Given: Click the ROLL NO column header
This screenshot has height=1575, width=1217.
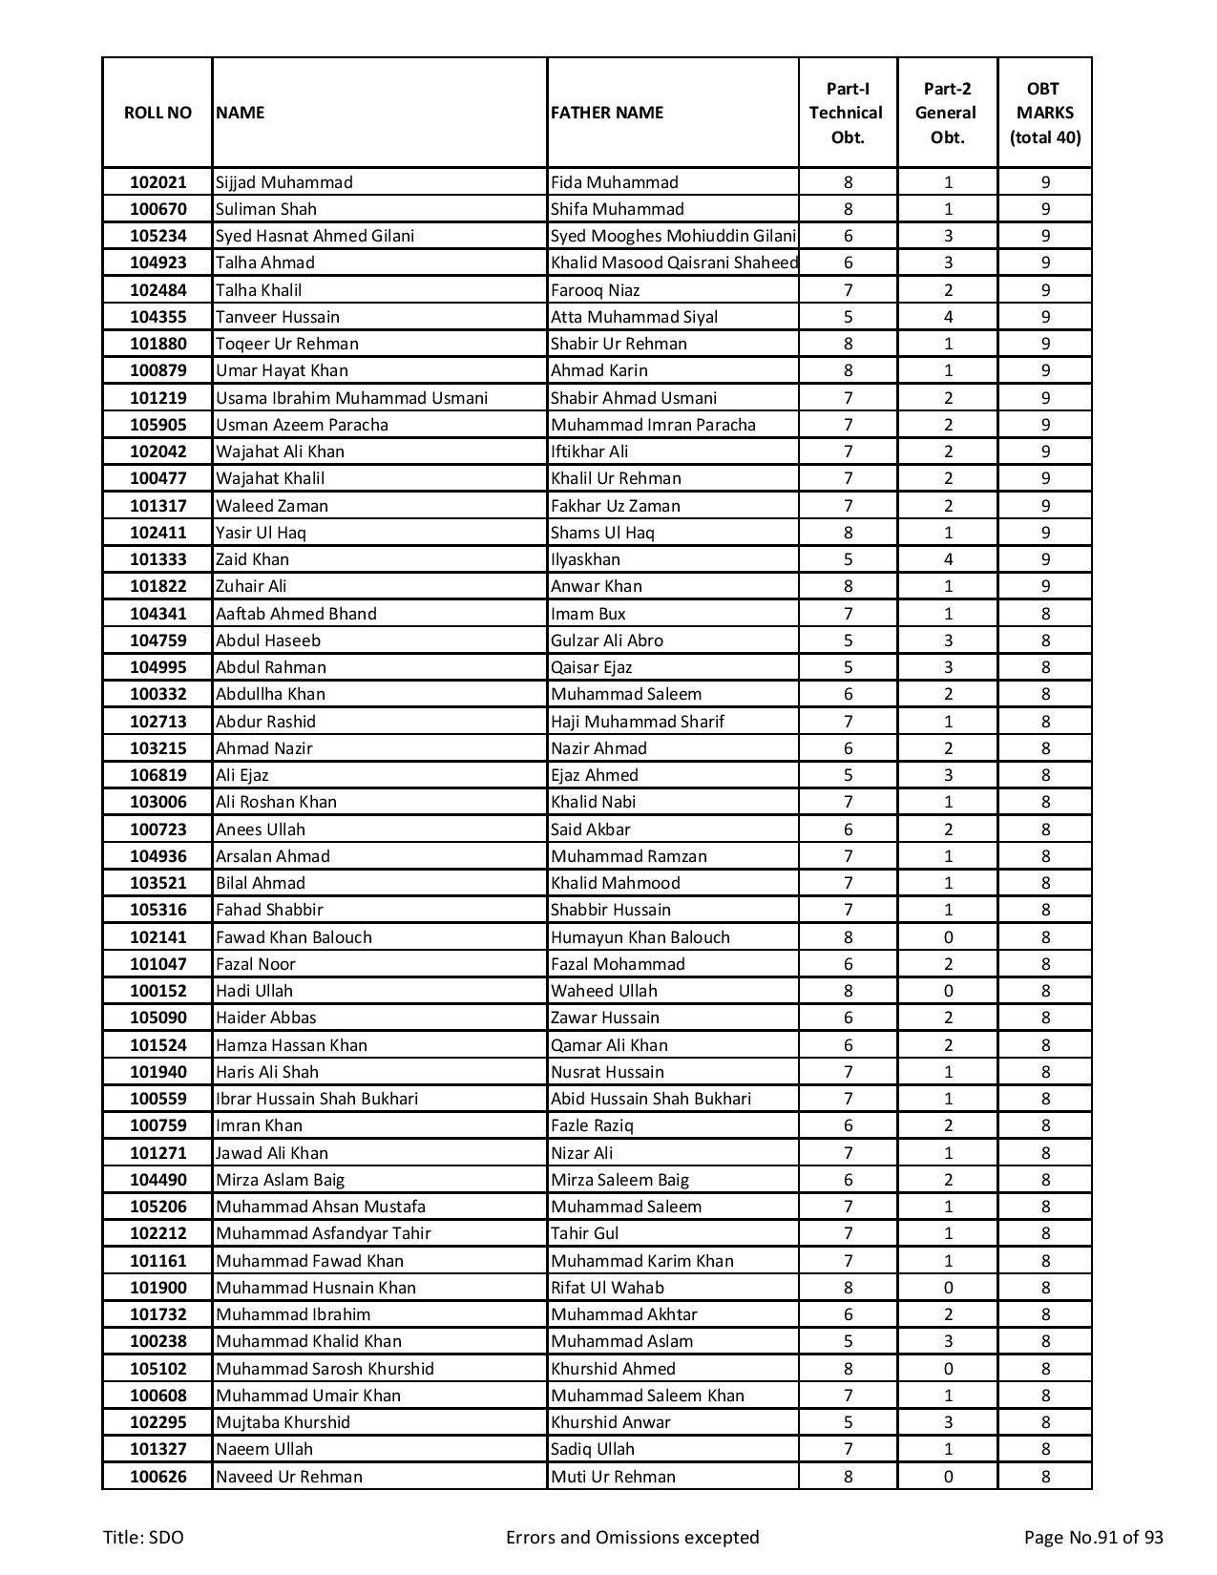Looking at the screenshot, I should pyautogui.click(x=157, y=113).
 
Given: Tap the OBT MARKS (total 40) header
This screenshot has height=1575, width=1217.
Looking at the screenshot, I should pyautogui.click(x=1044, y=113).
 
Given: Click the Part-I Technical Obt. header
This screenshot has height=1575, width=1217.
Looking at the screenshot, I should pyautogui.click(x=848, y=113).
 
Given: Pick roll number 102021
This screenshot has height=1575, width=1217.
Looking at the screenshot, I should pyautogui.click(x=157, y=182).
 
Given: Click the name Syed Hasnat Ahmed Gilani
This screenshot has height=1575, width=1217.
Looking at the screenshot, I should pyautogui.click(x=315, y=236).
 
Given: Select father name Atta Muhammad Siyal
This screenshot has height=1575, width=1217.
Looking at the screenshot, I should pyautogui.click(x=634, y=317).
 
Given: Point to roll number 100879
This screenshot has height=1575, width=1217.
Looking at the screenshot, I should pyautogui.click(x=157, y=370).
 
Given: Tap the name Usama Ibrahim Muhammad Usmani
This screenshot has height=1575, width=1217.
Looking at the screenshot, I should pyautogui.click(x=351, y=398).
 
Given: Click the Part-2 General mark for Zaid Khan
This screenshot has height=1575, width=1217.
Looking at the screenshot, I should pyautogui.click(x=947, y=559).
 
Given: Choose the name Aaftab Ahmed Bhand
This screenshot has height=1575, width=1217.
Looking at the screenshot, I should pyautogui.click(x=296, y=614).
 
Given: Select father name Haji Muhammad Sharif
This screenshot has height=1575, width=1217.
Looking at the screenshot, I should pyautogui.click(x=638, y=722).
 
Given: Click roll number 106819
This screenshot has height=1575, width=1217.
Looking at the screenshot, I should pyautogui.click(x=157, y=775).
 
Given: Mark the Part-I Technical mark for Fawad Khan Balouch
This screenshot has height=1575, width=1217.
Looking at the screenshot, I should pyautogui.click(x=848, y=937).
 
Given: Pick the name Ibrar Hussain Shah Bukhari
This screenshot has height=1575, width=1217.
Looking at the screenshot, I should pyautogui.click(x=317, y=1099).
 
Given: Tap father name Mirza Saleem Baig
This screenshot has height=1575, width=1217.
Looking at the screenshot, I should pyautogui.click(x=619, y=1180).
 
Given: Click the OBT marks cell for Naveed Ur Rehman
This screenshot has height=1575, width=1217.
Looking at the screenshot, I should pyautogui.click(x=1044, y=1477).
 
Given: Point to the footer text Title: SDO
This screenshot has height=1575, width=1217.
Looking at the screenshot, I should pyautogui.click(x=144, y=1537).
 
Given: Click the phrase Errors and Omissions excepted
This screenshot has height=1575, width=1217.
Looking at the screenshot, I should pyautogui.click(x=632, y=1537).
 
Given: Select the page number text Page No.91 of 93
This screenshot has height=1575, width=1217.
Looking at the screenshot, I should pyautogui.click(x=1093, y=1537).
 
